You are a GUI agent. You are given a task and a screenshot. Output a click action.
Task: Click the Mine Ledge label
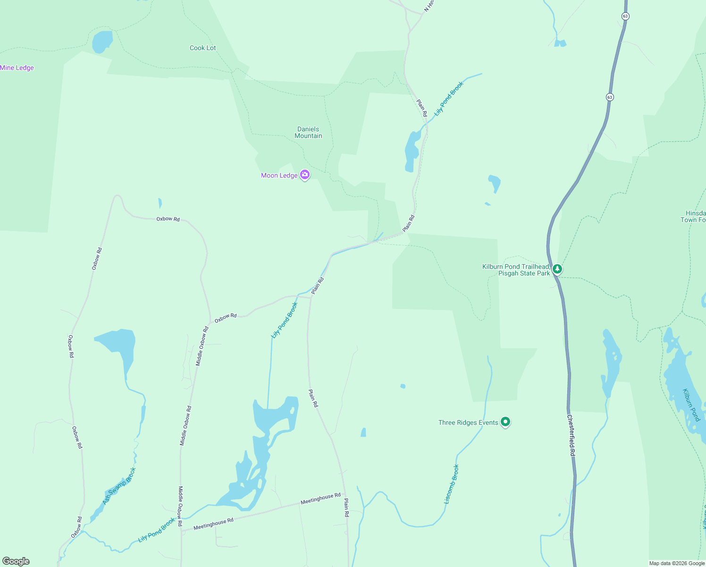point(17,68)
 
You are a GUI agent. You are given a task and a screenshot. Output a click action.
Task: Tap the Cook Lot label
point(203,48)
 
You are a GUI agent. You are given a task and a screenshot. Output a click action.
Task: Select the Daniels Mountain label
point(308,132)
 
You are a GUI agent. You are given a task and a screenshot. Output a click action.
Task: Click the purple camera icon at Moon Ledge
point(305,175)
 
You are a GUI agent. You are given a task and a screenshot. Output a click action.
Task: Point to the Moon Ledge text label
point(279,175)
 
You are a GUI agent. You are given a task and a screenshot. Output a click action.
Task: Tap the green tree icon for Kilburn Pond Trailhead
point(557,269)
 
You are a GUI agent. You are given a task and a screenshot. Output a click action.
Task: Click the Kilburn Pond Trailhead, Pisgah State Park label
point(516,270)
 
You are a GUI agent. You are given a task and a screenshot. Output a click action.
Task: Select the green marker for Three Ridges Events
point(505,421)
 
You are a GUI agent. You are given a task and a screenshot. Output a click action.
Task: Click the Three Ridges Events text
point(468,422)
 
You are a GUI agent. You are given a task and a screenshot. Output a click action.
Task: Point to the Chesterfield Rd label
point(571,435)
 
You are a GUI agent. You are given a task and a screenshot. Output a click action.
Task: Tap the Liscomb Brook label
point(452,484)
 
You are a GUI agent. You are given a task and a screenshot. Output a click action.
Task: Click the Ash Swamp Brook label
point(119,486)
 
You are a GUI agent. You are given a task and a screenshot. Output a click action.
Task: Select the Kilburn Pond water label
point(691,405)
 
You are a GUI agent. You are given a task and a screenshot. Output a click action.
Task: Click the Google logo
point(16,561)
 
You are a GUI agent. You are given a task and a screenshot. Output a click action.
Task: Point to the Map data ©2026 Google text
point(676,563)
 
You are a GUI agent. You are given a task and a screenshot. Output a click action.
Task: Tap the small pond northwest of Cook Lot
point(102,42)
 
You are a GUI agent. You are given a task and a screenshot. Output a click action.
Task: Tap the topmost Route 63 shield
point(625,16)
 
